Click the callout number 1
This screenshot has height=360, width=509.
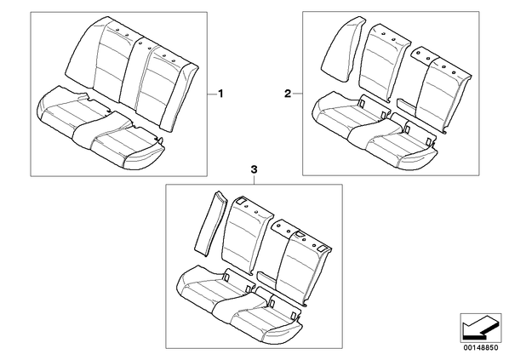[x=220, y=94]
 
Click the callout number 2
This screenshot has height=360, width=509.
[x=288, y=94]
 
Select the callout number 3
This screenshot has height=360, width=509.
[x=254, y=169]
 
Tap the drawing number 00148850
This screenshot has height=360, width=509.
[x=480, y=348]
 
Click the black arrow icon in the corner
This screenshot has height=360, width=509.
[x=480, y=328]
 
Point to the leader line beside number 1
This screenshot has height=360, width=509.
[x=212, y=94]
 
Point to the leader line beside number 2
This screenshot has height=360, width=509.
[x=297, y=94]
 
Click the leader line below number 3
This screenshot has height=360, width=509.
[x=254, y=180]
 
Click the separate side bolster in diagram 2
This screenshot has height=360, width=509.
[x=342, y=49]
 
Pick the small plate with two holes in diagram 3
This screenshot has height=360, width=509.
[x=286, y=227]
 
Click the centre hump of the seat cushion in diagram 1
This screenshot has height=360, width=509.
[x=97, y=129]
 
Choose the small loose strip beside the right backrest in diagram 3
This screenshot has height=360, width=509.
[x=267, y=279]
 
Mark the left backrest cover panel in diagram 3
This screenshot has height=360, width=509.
[x=248, y=236]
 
